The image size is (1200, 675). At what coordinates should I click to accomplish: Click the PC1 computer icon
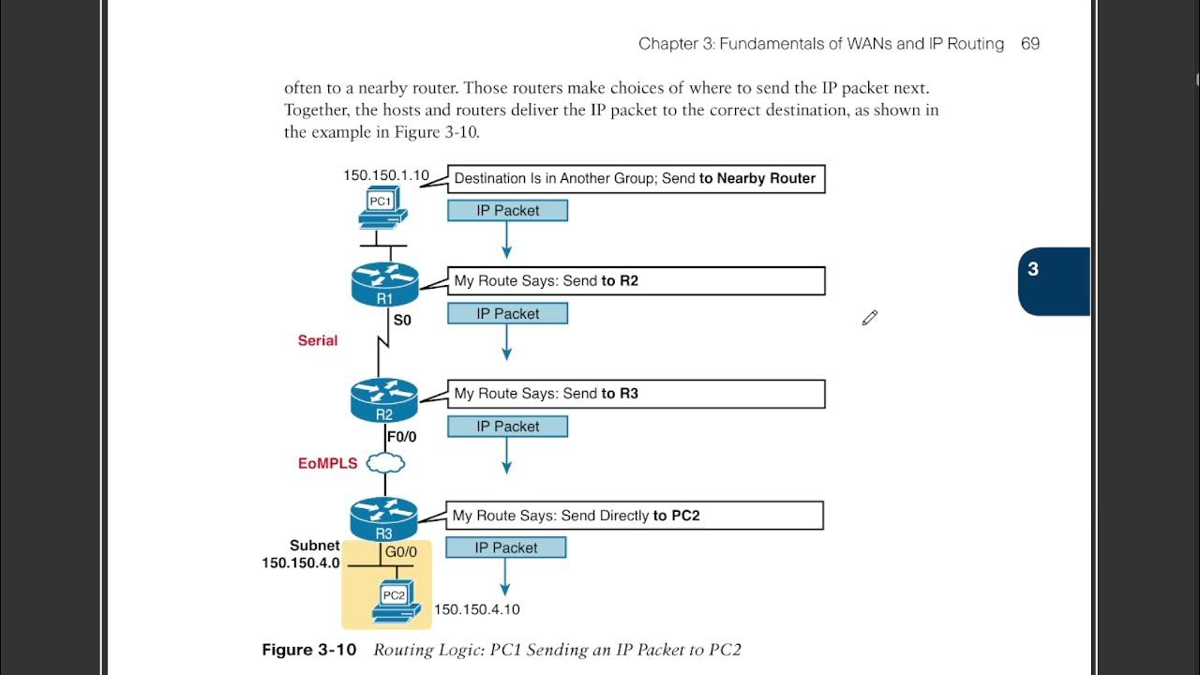382,207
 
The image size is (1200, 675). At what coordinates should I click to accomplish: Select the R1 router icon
384,284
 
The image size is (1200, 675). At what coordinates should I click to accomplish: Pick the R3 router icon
384,518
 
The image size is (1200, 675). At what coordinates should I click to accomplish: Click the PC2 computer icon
395,601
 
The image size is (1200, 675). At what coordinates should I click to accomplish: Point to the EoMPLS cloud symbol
385,462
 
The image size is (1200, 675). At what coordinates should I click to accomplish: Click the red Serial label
318,340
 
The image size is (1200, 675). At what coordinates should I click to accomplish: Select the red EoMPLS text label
327,463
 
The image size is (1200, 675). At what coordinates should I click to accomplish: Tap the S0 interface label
402,320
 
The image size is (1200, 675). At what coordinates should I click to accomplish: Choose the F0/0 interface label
402,436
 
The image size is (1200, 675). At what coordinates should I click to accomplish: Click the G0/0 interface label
401,553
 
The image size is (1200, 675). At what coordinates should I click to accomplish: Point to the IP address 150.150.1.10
385,175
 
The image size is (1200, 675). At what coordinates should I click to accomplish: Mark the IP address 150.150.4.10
476,609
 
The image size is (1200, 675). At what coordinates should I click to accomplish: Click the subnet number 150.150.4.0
300,563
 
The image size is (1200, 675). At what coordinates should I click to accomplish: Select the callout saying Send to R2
636,280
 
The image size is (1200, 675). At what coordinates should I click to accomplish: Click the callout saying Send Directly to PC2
634,515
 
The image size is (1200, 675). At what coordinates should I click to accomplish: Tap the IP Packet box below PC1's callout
507,211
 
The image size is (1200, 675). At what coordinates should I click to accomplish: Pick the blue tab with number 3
1053,281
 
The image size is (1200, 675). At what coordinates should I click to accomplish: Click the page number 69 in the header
1029,44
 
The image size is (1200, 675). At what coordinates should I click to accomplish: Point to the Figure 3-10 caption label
309,650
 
